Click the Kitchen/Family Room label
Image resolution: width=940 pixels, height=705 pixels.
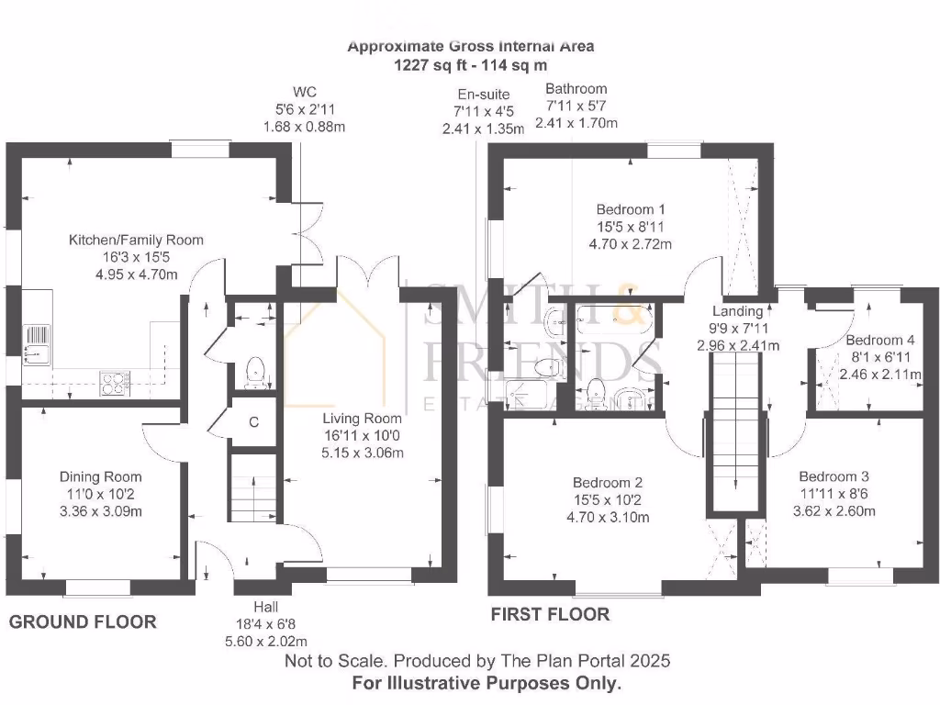tap(136, 240)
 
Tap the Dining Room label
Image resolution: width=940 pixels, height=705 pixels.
tap(101, 476)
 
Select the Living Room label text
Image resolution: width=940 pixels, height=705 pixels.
tap(362, 419)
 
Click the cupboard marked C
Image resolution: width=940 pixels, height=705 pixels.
tap(253, 422)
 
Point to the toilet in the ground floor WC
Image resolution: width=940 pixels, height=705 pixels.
tap(255, 373)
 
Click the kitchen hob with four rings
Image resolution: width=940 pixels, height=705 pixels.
tap(115, 383)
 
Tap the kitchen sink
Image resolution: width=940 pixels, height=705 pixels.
tap(37, 345)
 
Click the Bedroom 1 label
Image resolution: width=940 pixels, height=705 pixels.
tap(630, 209)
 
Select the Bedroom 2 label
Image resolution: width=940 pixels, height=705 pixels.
tap(608, 483)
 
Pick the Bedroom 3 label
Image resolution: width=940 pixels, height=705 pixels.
tap(834, 476)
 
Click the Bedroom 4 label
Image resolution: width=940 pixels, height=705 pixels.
tap(880, 340)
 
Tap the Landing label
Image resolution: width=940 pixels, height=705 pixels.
tap(737, 311)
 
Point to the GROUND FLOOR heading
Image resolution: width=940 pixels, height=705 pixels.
tap(83, 621)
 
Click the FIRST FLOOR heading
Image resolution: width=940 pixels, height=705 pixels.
tap(551, 614)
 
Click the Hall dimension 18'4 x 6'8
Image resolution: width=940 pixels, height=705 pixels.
tap(265, 624)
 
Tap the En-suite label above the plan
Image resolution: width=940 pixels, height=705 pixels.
tap(483, 95)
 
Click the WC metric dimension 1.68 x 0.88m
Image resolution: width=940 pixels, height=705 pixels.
tap(304, 127)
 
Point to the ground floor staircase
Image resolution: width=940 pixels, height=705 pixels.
tap(253, 487)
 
